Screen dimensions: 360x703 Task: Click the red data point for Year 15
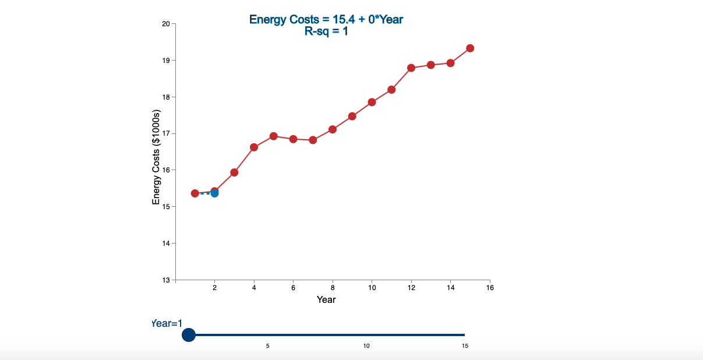click(x=470, y=48)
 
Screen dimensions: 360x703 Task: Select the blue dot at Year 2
click(x=214, y=193)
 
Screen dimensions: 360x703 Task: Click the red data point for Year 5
click(x=274, y=136)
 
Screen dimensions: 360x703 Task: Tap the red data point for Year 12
click(x=411, y=68)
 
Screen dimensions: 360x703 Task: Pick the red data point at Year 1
click(x=195, y=193)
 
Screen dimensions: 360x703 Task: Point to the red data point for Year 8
click(x=333, y=129)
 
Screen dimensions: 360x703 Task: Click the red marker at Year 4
click(x=254, y=147)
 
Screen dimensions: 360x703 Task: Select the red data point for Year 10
click(x=372, y=103)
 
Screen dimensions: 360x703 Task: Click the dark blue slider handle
click(x=189, y=335)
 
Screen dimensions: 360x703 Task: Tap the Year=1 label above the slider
click(x=167, y=323)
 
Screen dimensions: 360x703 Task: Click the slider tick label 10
click(x=366, y=346)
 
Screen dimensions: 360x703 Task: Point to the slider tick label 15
click(x=465, y=346)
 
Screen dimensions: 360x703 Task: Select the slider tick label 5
click(x=268, y=346)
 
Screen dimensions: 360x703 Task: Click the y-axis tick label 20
click(x=165, y=24)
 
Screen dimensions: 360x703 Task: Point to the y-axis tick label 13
click(x=165, y=280)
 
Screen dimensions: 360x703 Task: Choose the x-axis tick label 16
click(x=490, y=288)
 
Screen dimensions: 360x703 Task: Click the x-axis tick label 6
click(x=294, y=288)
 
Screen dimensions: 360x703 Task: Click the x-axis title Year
click(x=326, y=299)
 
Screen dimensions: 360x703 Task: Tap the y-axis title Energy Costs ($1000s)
click(x=156, y=157)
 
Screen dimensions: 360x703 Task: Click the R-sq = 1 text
click(x=326, y=31)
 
